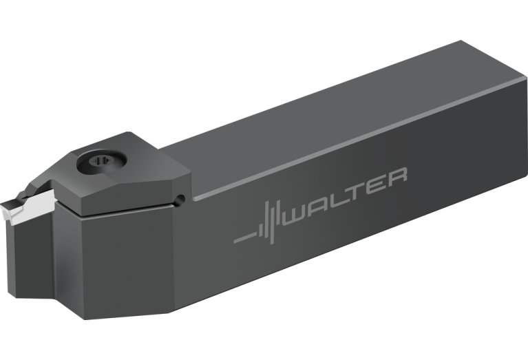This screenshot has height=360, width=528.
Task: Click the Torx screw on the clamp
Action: tap(101, 162)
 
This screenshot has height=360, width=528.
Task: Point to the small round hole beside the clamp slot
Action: tap(180, 200)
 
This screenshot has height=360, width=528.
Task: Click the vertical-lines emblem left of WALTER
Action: tap(268, 222)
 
